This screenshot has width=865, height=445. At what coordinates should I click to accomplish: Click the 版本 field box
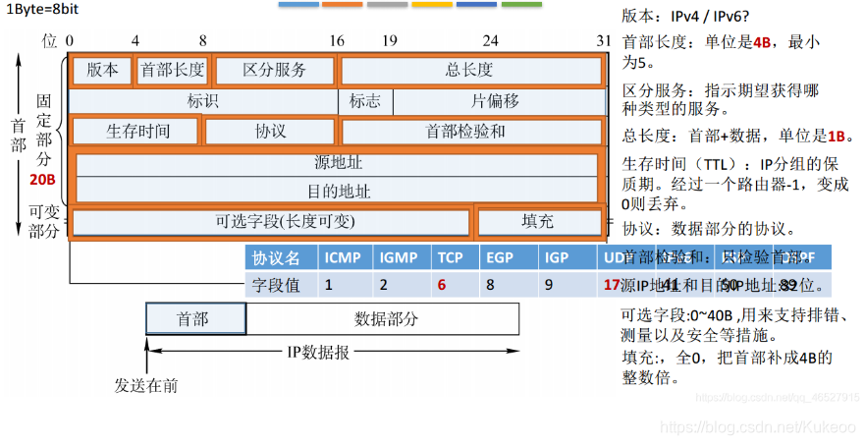[101, 71]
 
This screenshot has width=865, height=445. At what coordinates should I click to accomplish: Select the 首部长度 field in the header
[172, 71]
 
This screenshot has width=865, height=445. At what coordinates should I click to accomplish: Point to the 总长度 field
[469, 71]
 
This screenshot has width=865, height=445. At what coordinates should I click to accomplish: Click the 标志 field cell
[365, 101]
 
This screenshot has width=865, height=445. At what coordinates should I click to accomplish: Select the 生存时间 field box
[137, 132]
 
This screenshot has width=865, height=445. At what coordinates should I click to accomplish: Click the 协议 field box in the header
[270, 132]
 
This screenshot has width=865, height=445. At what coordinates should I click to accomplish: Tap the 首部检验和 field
[469, 132]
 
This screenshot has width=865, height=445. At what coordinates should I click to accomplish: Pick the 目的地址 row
[336, 191]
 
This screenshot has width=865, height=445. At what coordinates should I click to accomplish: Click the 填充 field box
[537, 222]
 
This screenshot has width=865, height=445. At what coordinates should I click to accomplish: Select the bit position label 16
[337, 41]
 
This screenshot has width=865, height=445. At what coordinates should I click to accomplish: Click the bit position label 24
[490, 41]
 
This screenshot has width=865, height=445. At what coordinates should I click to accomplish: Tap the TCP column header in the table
[451, 258]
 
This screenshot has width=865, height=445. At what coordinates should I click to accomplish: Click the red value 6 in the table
[443, 286]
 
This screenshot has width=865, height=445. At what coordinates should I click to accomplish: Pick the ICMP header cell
[343, 258]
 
